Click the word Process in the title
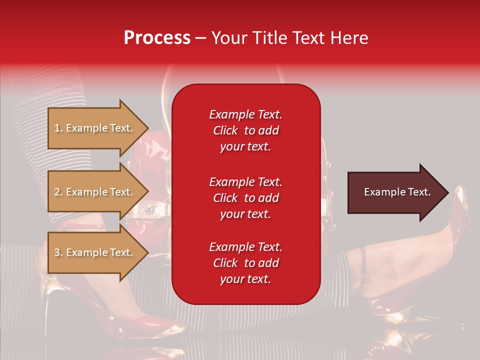[157, 38]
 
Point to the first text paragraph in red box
[245, 130]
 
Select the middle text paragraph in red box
[245, 198]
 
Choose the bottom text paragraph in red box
[245, 263]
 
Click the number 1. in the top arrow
[58, 128]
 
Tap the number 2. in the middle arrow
[58, 192]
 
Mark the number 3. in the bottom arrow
[58, 252]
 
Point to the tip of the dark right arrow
[447, 192]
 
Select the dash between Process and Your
[201, 38]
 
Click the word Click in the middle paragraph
[225, 198]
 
